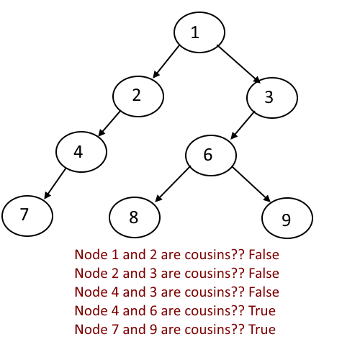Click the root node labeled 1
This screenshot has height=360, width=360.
[199, 32]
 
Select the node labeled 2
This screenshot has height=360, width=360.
[138, 96]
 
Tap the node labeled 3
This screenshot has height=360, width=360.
[272, 98]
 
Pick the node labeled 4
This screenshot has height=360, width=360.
[81, 152]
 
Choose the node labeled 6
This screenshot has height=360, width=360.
[211, 156]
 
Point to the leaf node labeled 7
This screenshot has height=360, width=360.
[27, 216]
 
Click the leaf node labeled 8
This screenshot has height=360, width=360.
[135, 217]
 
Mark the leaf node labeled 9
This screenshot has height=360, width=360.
[287, 218]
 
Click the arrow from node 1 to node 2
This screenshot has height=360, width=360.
[166, 61]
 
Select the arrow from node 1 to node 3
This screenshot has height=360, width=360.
[239, 64]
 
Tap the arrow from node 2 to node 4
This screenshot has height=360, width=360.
[109, 124]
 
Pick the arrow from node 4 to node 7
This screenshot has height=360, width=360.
[55, 184]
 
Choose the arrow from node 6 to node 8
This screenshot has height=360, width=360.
[173, 184]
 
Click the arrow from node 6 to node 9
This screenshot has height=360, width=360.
[251, 184]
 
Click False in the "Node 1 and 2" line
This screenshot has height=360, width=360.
[264, 254]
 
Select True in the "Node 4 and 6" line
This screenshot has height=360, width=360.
[262, 310]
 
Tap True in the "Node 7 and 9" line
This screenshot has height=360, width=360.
[262, 329]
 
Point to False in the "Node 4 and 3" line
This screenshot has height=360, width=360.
[264, 292]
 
